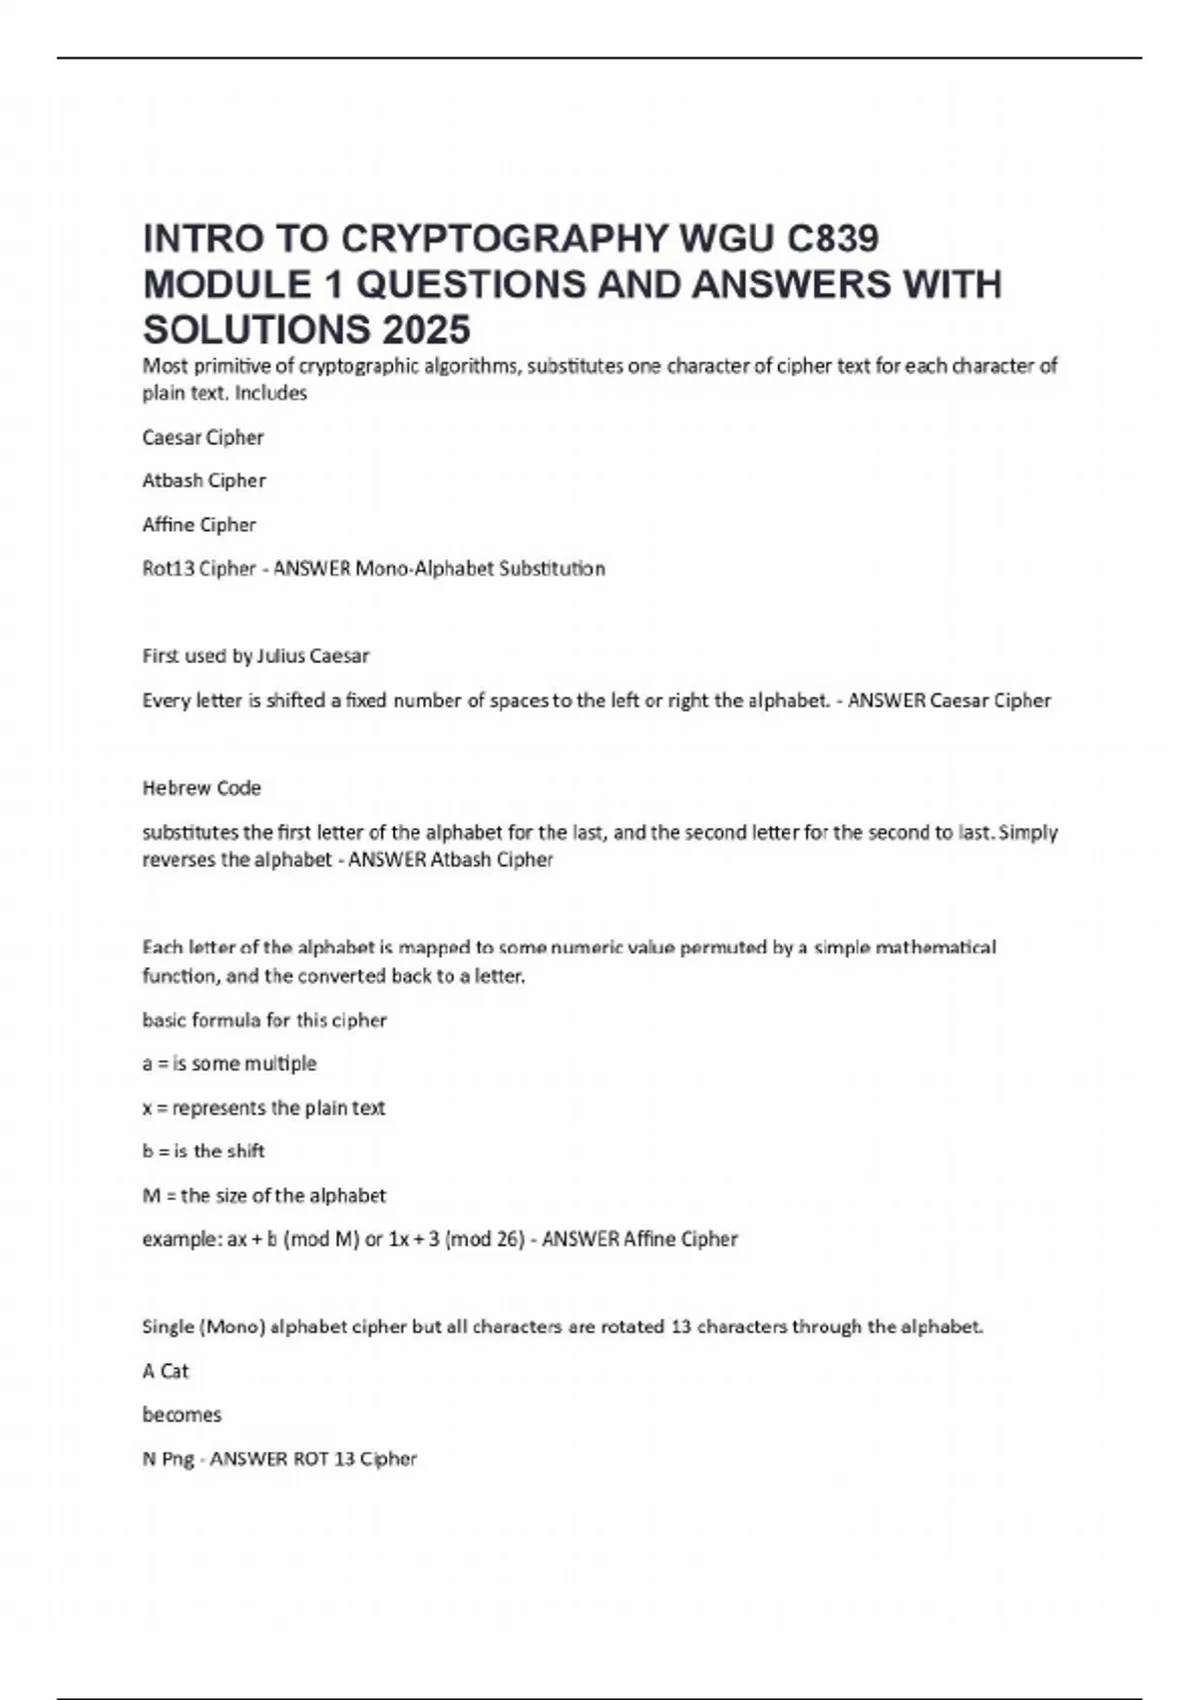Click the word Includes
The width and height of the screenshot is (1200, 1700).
pyautogui.click(x=271, y=393)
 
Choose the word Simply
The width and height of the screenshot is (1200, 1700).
pyautogui.click(x=1028, y=832)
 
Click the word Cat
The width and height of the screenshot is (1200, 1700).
pyautogui.click(x=174, y=1371)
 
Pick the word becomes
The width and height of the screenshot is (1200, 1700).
pyautogui.click(x=182, y=1415)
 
